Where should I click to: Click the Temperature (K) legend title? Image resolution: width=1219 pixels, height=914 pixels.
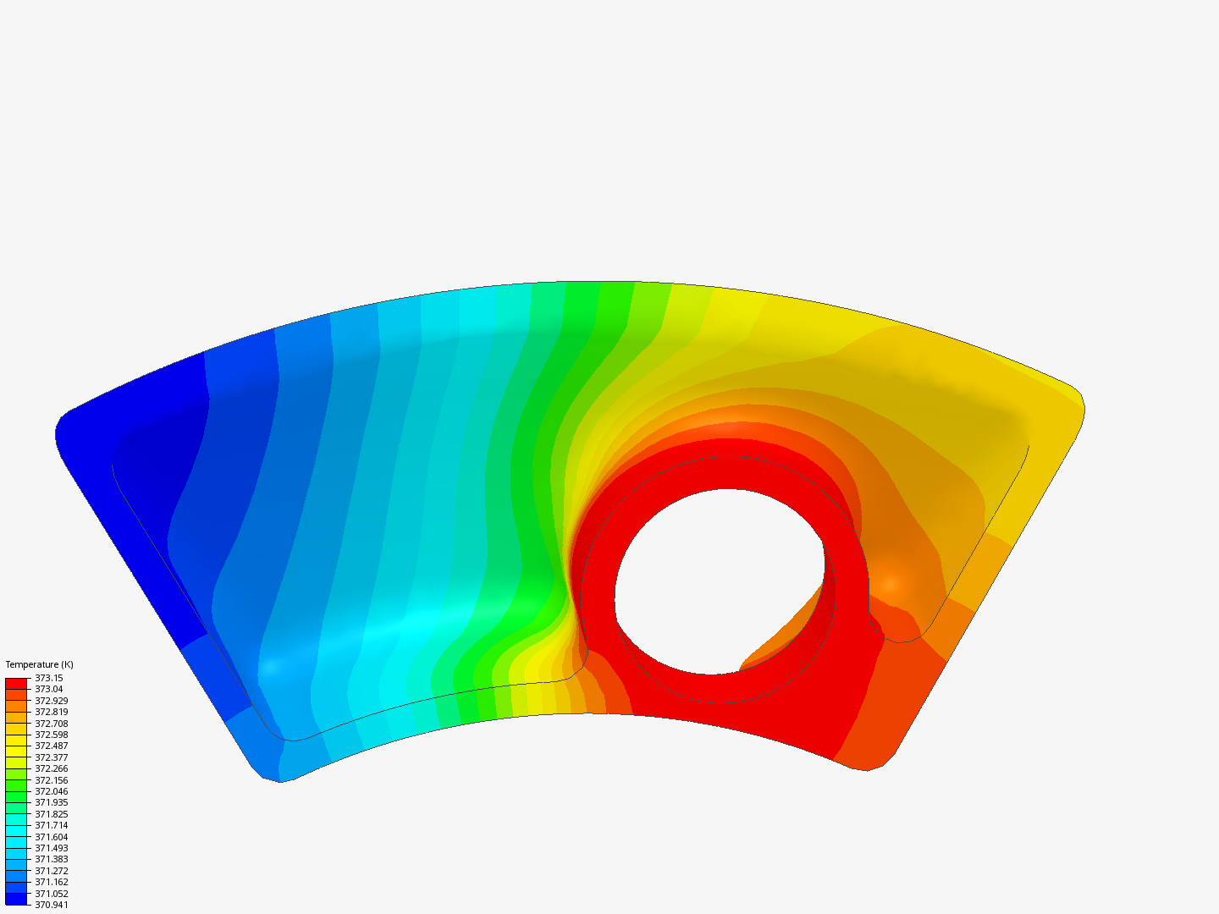pyautogui.click(x=40, y=664)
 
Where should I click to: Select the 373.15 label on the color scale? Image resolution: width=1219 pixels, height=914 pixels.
pyautogui.click(x=49, y=678)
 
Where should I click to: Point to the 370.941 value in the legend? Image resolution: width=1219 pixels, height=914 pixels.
pyautogui.click(x=52, y=905)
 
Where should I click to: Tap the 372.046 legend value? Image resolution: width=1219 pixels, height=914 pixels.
pyautogui.click(x=52, y=791)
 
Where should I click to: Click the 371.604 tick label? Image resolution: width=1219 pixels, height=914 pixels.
pyautogui.click(x=52, y=837)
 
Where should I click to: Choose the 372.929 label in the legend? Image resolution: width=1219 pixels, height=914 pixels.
pyautogui.click(x=52, y=701)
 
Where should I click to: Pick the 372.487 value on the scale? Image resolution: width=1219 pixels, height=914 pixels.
pyautogui.click(x=52, y=746)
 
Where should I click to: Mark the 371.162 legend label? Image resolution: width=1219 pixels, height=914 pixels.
pyautogui.click(x=52, y=882)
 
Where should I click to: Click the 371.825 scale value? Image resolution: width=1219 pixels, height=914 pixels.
pyautogui.click(x=52, y=814)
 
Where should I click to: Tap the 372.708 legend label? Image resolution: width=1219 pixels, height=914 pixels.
pyautogui.click(x=52, y=724)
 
